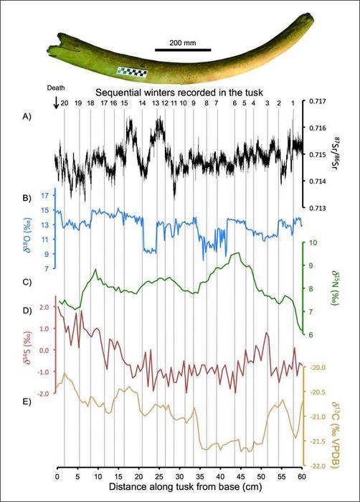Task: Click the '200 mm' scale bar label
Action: coord(183,42)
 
